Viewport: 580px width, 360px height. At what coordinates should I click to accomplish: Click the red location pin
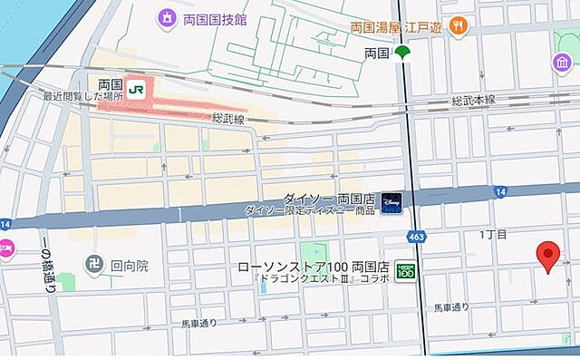[x=548, y=256]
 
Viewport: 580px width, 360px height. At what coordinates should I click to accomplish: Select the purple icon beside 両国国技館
[x=167, y=17]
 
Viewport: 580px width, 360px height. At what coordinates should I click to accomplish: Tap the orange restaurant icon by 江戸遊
[x=459, y=26]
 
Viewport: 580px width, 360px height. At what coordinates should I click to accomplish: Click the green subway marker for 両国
[x=401, y=54]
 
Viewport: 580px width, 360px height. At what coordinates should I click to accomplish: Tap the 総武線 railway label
[x=229, y=119]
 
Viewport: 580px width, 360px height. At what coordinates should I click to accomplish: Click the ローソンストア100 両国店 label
[x=313, y=268]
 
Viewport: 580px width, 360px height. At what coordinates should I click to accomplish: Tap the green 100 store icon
[x=407, y=269]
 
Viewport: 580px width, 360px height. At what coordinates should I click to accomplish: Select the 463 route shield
[x=416, y=237]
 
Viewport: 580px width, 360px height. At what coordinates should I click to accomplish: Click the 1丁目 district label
[x=493, y=235]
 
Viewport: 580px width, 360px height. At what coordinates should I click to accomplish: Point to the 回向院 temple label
[x=130, y=268]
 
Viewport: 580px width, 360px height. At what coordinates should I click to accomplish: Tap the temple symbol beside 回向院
[x=92, y=268]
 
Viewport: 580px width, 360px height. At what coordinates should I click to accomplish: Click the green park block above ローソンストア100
[x=313, y=250]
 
